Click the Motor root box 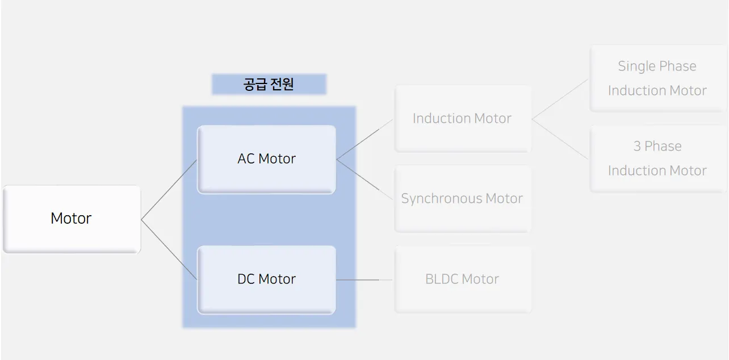(x=72, y=219)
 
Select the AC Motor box (x=266, y=159)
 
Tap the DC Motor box (x=266, y=279)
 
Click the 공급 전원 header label (x=269, y=85)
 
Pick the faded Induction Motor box (x=463, y=119)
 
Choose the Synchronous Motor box (x=463, y=199)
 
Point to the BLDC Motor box (x=463, y=279)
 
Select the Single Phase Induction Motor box (x=657, y=78)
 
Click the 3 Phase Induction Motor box (x=657, y=158)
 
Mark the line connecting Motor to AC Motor (x=169, y=190)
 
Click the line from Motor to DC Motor (x=169, y=249)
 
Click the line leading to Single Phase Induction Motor (x=560, y=99)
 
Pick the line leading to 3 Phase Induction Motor (x=560, y=139)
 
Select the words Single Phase (x=657, y=66)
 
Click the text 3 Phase (x=657, y=146)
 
